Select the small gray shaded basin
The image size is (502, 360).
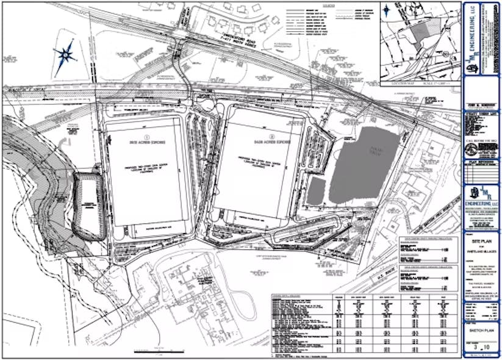pyautogui.click(x=315, y=191)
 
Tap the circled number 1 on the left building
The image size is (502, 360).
pyautogui.click(x=145, y=131)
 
